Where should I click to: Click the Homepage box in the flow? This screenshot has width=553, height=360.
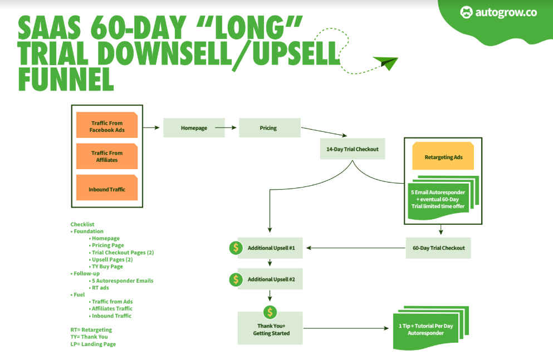pyautogui.click(x=194, y=128)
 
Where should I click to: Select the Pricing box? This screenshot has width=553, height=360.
pyautogui.click(x=270, y=128)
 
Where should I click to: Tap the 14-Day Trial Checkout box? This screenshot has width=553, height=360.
pyautogui.click(x=353, y=149)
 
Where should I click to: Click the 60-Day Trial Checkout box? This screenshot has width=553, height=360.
pyautogui.click(x=438, y=248)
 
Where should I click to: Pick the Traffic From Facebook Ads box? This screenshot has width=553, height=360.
pyautogui.click(x=107, y=127)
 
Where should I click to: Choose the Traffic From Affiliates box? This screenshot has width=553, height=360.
pyautogui.click(x=107, y=156)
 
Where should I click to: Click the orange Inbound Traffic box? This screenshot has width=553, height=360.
pyautogui.click(x=107, y=189)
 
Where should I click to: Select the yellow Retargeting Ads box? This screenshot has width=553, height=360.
pyautogui.click(x=443, y=157)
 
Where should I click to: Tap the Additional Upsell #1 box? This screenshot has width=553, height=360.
pyautogui.click(x=271, y=248)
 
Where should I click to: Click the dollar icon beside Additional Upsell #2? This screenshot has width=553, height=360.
pyautogui.click(x=236, y=278)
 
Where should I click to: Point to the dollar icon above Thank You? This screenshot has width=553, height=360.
pyautogui.click(x=270, y=312)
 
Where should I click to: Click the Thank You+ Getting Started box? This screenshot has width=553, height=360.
pyautogui.click(x=270, y=329)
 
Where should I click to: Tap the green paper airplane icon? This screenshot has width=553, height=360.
pyautogui.click(x=385, y=62)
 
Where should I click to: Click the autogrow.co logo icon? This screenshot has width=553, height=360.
pyautogui.click(x=466, y=12)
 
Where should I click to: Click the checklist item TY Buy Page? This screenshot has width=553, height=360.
pyautogui.click(x=107, y=267)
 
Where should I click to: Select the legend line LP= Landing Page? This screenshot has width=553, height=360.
pyautogui.click(x=93, y=344)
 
